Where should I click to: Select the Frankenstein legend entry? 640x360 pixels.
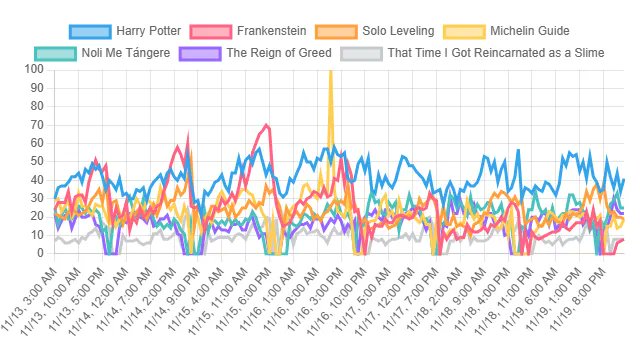(x=270, y=31)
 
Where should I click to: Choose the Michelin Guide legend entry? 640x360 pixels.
(x=518, y=31)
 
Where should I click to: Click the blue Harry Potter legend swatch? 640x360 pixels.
(x=90, y=31)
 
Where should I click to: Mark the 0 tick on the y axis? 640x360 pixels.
(x=39, y=254)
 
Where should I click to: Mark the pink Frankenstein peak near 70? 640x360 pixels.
(x=266, y=125)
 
